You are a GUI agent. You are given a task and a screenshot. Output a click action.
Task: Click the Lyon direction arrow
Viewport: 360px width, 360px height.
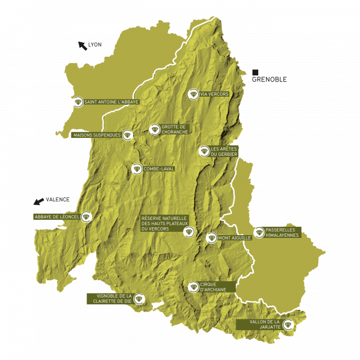click(82, 45)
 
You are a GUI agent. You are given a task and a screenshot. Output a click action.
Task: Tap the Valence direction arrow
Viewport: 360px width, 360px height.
click(38, 201)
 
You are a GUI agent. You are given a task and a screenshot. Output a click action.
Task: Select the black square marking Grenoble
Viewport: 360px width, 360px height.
click(255, 72)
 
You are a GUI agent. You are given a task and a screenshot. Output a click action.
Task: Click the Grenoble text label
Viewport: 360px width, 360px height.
click(269, 80)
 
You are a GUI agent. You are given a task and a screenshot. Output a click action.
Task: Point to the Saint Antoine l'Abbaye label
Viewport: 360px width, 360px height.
click(111, 102)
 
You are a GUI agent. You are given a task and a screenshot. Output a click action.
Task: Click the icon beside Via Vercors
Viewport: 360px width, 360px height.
click(193, 94)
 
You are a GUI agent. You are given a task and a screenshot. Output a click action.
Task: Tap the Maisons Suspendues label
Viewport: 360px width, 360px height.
click(97, 135)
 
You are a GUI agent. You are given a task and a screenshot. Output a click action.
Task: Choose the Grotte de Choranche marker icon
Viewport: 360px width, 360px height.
click(154, 129)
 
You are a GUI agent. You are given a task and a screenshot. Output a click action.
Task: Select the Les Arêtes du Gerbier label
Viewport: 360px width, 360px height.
click(224, 151)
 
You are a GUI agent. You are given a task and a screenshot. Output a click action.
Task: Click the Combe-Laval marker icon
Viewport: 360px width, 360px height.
click(136, 169)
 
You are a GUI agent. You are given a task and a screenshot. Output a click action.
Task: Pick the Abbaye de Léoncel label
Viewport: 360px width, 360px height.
click(56, 217)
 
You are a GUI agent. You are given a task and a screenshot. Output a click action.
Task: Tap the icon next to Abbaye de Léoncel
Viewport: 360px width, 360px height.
click(86, 217)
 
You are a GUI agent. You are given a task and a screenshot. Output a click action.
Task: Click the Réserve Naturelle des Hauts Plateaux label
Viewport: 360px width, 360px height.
click(164, 223)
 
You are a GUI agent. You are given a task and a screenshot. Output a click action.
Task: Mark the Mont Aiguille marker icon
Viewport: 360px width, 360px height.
click(211, 238)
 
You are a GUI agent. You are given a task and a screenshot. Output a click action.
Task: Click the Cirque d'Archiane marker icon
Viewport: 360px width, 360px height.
click(193, 287)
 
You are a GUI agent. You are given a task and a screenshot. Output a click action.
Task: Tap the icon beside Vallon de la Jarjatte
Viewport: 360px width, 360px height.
click(289, 324)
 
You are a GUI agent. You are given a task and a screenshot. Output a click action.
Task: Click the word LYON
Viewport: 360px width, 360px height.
click(94, 44)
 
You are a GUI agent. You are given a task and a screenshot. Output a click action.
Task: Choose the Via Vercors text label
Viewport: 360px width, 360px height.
click(214, 94)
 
